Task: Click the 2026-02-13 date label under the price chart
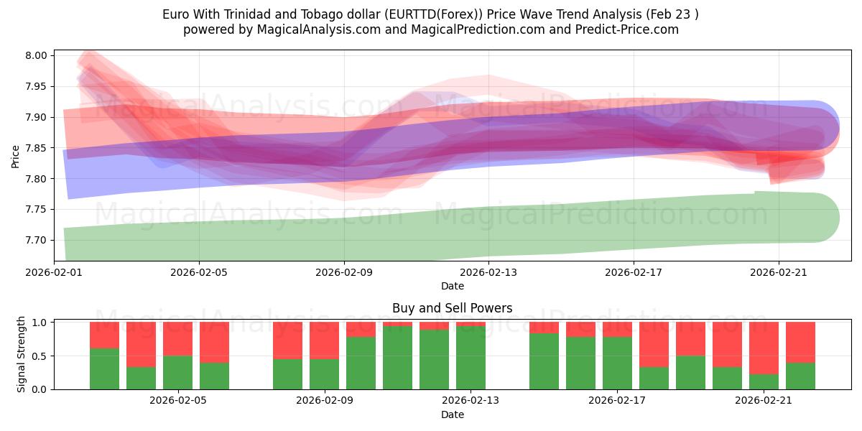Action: (488, 272)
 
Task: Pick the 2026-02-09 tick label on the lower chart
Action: (324, 401)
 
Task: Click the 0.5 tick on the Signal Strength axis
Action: (40, 356)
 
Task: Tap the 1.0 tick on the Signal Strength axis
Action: (40, 323)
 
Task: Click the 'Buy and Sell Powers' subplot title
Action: (452, 308)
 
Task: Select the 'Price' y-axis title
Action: (16, 155)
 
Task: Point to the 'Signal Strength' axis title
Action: (22, 353)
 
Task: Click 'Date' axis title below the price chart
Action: (452, 286)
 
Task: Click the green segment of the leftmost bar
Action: (104, 369)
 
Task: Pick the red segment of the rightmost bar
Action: (800, 342)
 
